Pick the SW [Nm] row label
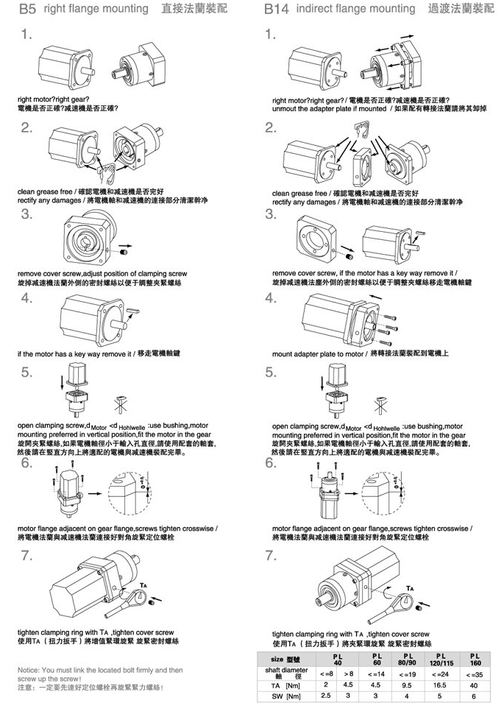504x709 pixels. pos(287,696)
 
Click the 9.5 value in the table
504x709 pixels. pos(404,684)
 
